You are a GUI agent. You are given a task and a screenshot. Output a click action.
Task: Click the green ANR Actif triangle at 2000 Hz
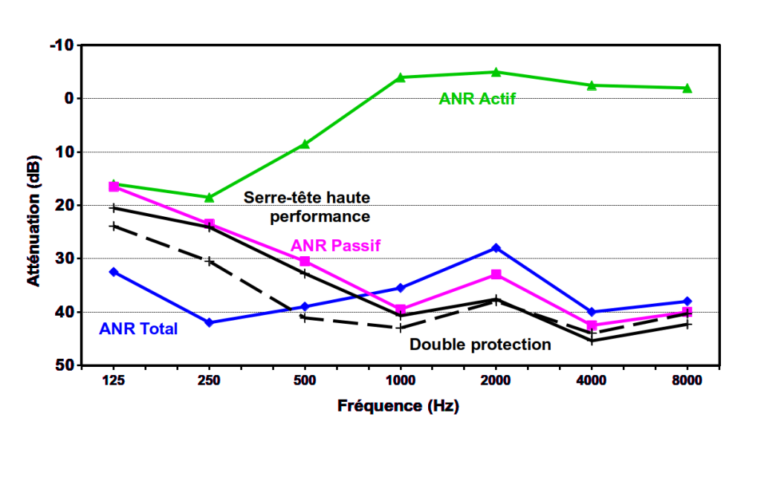[496, 72]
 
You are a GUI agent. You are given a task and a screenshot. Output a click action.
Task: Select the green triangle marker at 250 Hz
[209, 198]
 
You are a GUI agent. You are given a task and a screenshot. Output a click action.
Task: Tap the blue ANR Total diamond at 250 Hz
[209, 322]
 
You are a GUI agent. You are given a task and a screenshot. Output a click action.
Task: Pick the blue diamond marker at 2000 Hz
[496, 247]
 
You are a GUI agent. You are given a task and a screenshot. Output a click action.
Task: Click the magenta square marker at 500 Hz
[305, 261]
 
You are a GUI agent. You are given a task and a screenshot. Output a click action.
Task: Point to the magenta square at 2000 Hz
[496, 275]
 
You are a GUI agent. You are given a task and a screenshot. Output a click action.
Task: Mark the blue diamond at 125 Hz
[114, 272]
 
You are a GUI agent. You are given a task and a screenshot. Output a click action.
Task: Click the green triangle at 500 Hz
[305, 144]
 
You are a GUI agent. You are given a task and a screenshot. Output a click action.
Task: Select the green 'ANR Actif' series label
[477, 99]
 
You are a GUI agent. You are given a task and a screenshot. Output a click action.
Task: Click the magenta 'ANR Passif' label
[335, 245]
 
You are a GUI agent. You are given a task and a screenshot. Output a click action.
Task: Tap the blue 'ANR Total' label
[138, 328]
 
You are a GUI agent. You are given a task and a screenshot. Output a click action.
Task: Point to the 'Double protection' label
[480, 345]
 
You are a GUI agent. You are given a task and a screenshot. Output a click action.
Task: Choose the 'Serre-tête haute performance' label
[308, 206]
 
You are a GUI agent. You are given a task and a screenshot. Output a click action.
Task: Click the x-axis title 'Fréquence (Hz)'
[398, 406]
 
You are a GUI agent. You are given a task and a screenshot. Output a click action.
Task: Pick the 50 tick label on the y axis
[65, 365]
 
